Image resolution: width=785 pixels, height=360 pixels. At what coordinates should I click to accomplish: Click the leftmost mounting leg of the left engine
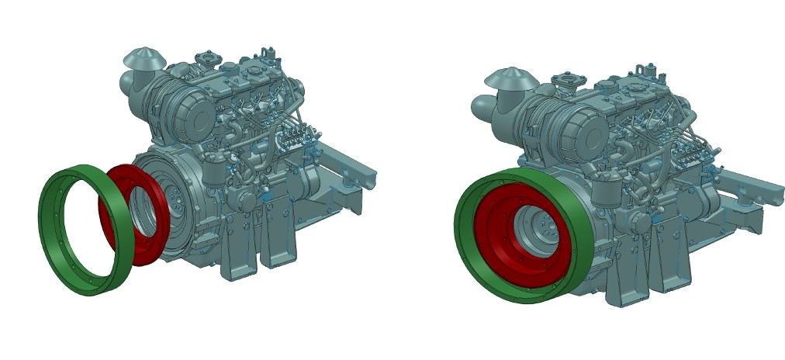[x=233, y=256]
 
